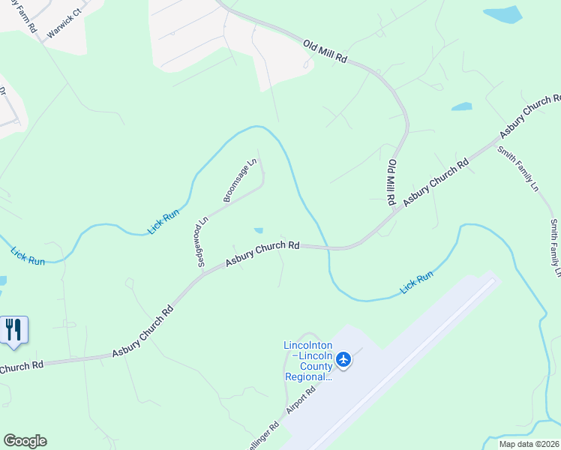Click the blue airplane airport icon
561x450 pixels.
coord(344,360)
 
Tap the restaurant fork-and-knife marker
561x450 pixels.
coord(13,330)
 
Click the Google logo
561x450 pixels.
coord(25,441)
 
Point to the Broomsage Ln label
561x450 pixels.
coord(240,180)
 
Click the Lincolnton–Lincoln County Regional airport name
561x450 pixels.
coord(307,361)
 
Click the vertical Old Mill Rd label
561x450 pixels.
coord(391,182)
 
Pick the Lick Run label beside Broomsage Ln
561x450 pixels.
coord(163,221)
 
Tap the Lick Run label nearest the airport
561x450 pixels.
coord(416,283)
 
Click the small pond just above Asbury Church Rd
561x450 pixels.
coord(259,231)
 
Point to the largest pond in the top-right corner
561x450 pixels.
coord(502,15)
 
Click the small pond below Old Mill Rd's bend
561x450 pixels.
coord(461,106)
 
